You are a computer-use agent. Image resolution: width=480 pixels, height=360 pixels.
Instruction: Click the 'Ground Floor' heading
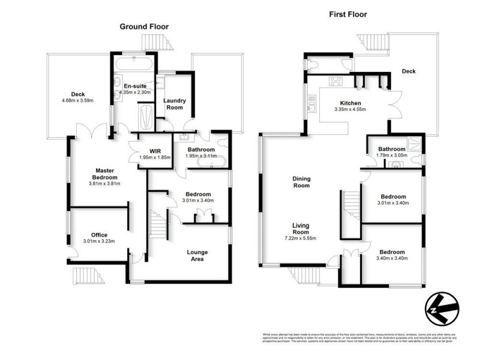coord(144,26)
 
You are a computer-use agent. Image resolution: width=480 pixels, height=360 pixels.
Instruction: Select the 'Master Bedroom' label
coord(97,174)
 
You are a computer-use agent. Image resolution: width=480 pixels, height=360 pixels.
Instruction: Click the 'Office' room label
coord(99,235)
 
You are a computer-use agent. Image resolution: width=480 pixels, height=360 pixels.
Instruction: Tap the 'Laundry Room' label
coord(175,104)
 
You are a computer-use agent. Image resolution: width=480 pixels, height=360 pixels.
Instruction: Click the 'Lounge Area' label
coord(197,256)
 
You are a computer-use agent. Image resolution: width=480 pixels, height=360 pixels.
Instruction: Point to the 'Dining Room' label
coord(301,182)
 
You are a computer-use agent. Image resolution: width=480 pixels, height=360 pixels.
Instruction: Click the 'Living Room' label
coord(301,229)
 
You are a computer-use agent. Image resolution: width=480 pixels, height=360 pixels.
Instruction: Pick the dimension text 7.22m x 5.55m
coord(301,238)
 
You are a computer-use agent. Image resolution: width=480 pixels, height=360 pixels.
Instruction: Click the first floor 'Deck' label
coord(409,71)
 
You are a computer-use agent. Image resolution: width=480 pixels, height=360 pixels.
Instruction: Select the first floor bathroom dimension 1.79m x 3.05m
coord(392,155)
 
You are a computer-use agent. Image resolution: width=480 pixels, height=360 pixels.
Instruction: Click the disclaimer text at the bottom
coord(358,339)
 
